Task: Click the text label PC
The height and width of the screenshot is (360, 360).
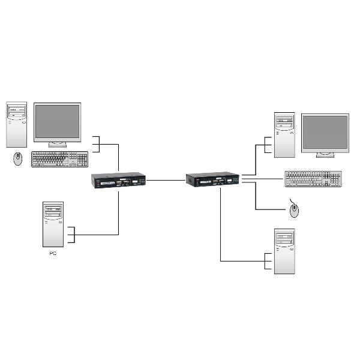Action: click(53, 254)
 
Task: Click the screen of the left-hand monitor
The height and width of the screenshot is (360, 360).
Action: click(57, 122)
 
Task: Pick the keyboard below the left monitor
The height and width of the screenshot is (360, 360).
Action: click(59, 159)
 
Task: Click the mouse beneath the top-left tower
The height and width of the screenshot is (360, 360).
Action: click(18, 158)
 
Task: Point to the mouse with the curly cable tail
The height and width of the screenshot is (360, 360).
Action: click(294, 210)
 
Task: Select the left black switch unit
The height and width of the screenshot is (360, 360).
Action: click(119, 181)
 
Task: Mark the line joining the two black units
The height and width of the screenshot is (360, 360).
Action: click(166, 179)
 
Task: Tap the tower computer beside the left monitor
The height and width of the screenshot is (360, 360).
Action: click(17, 125)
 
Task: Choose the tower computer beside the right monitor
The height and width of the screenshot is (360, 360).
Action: click(284, 134)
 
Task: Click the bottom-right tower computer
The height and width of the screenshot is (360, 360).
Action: click(284, 251)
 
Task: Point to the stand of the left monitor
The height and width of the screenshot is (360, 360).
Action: click(58, 144)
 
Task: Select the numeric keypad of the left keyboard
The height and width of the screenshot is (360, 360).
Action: click(82, 160)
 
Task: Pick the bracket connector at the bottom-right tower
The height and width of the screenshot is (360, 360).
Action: click(268, 260)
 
